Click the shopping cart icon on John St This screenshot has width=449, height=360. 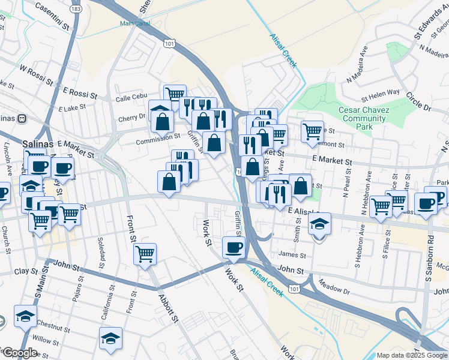click(145, 254)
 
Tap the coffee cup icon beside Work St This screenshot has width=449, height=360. click(234, 246)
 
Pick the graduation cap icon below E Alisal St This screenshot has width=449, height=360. click(319, 224)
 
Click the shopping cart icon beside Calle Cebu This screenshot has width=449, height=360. click(175, 94)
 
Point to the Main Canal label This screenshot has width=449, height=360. click(134, 24)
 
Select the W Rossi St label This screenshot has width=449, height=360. click(37, 70)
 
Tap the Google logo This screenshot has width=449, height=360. click(20, 353)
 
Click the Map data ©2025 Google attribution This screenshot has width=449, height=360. click(411, 355)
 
